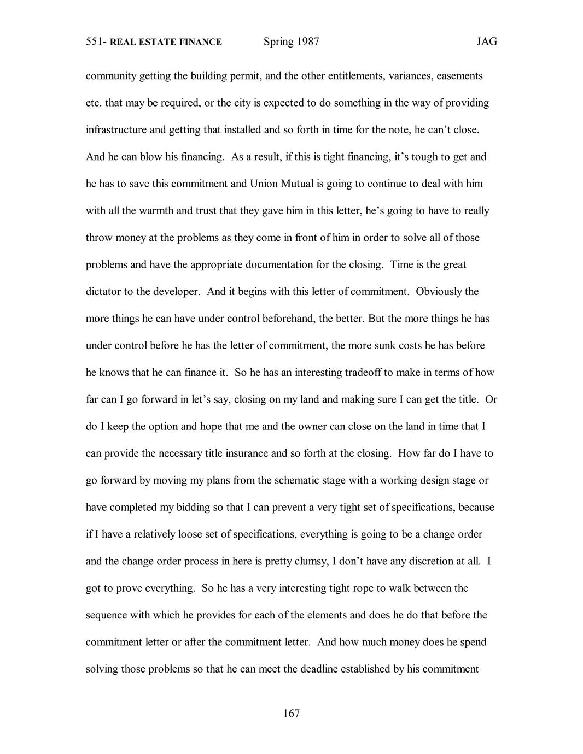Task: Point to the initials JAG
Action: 486,42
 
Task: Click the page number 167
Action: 291,713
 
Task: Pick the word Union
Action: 264,184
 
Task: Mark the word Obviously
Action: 439,291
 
